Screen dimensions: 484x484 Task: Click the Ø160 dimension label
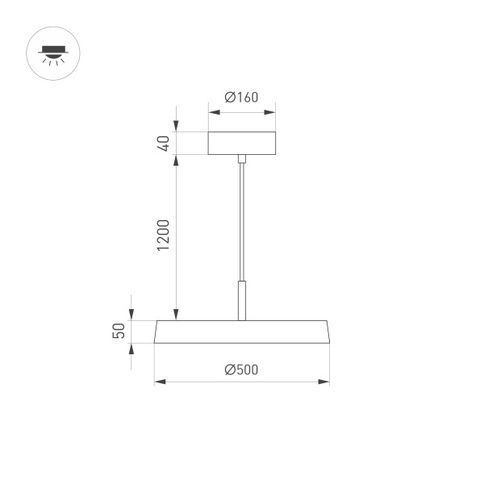click(242, 98)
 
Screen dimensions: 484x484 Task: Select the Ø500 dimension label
click(242, 369)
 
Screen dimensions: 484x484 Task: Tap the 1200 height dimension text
click(163, 235)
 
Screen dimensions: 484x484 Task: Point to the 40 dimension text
click(163, 144)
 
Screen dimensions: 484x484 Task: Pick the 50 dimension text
click(119, 331)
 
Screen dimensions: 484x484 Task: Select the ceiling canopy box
click(242, 143)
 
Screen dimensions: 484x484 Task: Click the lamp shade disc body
click(242, 332)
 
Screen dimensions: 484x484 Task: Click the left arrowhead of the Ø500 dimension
click(159, 381)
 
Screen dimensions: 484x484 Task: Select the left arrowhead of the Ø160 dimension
click(212, 111)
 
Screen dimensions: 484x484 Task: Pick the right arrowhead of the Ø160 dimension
click(272, 111)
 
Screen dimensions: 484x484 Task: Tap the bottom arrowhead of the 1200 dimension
click(176, 315)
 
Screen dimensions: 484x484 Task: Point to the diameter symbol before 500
click(230, 369)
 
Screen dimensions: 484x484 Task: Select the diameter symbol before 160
click(230, 98)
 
